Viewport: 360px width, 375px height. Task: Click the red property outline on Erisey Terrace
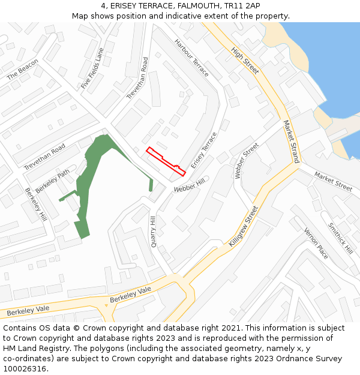pyautogui.click(x=165, y=160)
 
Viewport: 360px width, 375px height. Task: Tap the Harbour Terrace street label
pyautogui.click(x=191, y=58)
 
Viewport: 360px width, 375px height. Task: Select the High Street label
pyautogui.click(x=245, y=61)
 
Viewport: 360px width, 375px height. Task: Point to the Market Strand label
pyautogui.click(x=291, y=142)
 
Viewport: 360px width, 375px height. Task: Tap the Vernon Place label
pyautogui.click(x=316, y=243)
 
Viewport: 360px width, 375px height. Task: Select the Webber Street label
pyautogui.click(x=246, y=161)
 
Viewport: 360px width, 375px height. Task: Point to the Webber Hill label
pyautogui.click(x=190, y=185)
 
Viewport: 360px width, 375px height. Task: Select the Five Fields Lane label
pyautogui.click(x=92, y=68)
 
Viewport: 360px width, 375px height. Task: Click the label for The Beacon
pyautogui.click(x=22, y=69)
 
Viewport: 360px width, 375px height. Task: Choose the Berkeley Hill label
pyautogui.click(x=35, y=204)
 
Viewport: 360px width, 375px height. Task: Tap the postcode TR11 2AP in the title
pyautogui.click(x=233, y=6)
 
